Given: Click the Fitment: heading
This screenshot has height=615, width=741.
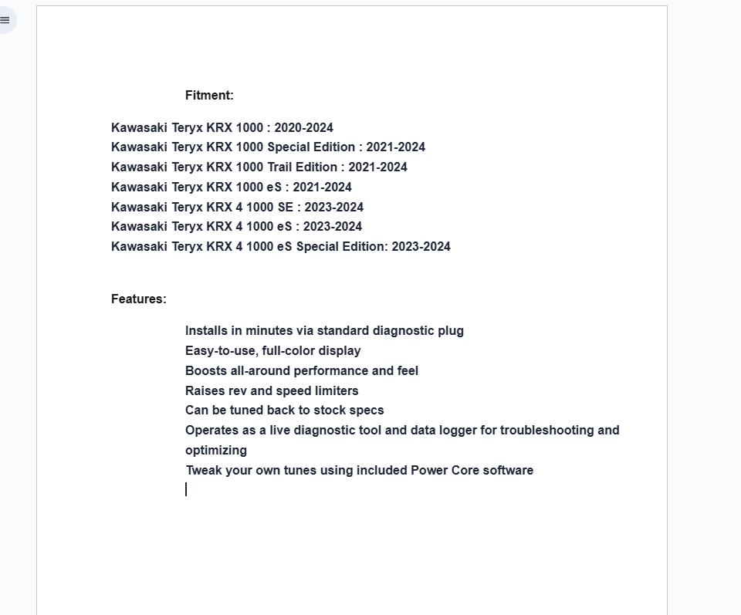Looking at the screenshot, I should click(209, 96).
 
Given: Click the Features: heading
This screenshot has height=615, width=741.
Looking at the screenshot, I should click(139, 299).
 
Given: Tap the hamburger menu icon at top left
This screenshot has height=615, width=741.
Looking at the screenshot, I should click(5, 20).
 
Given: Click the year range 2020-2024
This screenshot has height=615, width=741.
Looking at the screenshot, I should click(303, 128).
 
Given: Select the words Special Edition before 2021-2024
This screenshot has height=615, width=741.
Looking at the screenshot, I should click(311, 147).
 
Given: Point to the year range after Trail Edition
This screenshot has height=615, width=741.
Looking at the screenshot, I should click(377, 167).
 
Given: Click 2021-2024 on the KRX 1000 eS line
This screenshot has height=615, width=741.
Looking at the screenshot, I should click(322, 188).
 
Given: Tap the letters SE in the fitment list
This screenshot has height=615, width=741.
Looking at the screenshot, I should click(286, 208).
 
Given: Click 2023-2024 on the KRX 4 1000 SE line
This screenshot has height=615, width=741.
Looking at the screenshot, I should click(333, 208).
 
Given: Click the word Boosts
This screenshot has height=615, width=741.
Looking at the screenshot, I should click(206, 371).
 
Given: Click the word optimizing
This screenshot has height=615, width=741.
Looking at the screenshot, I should click(216, 451).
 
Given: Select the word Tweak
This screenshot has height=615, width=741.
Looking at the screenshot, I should click(204, 471).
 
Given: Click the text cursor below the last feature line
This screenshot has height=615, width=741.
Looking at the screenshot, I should click(186, 489).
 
